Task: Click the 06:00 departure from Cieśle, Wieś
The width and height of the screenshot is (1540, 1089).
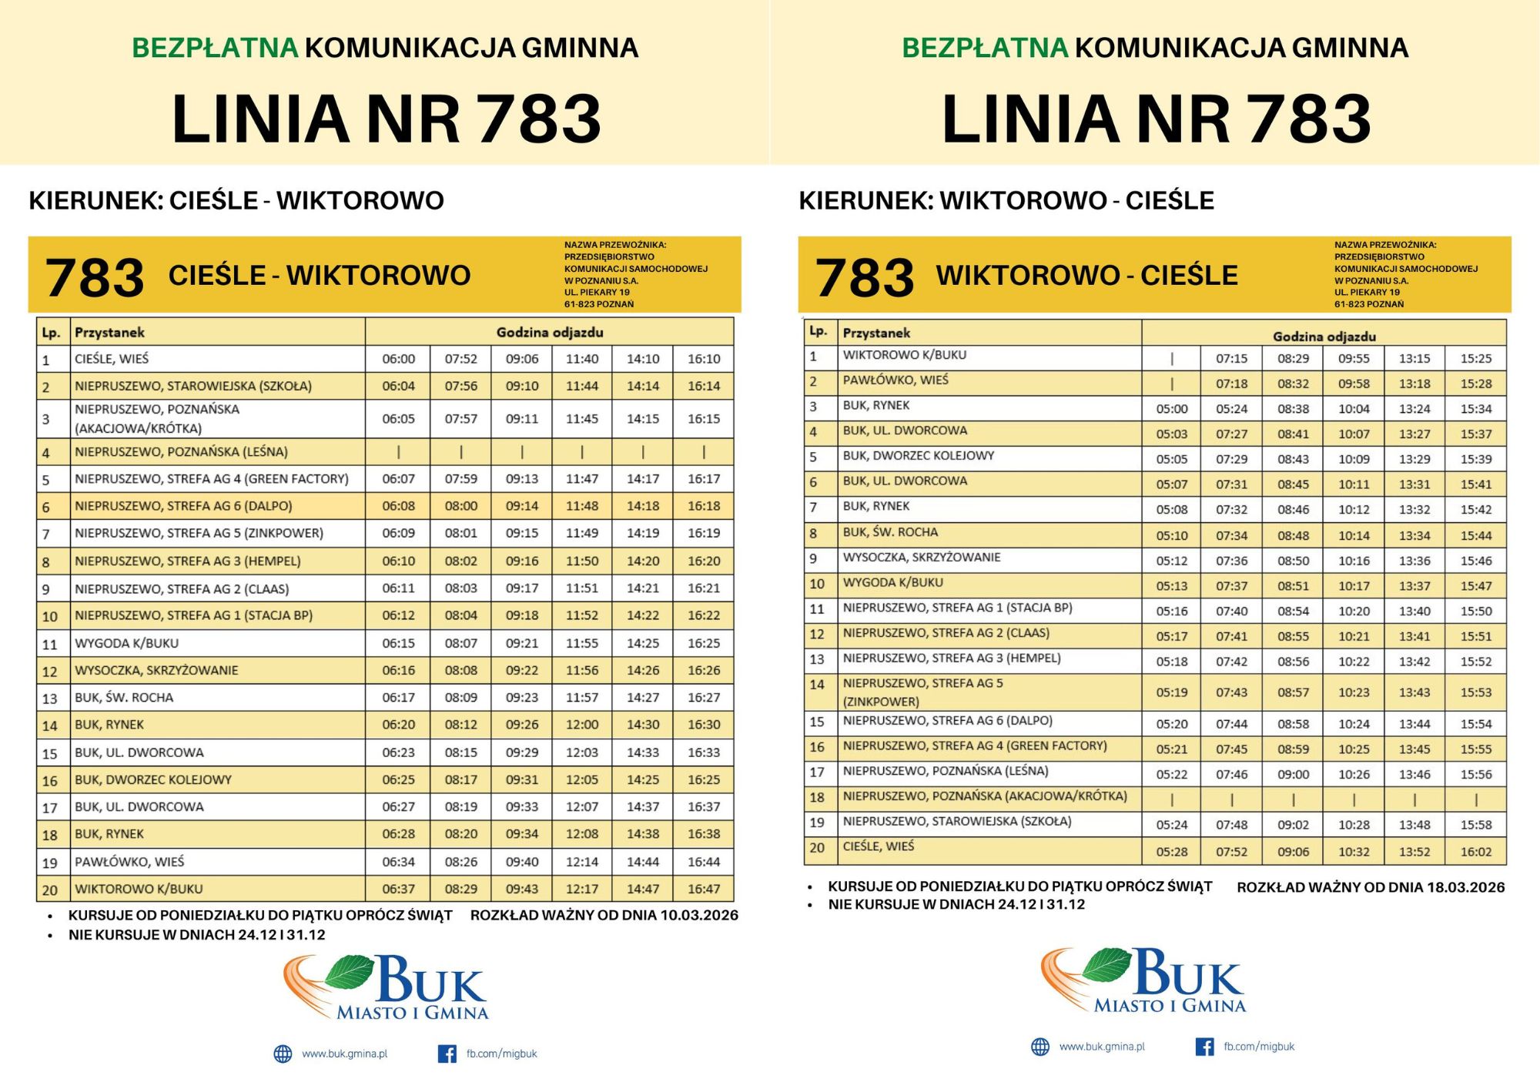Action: (398, 359)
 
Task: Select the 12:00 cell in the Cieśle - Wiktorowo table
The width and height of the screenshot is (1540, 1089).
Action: (581, 725)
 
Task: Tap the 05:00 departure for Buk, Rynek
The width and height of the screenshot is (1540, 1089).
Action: (1171, 409)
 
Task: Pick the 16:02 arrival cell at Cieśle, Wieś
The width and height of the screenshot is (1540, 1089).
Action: (1475, 852)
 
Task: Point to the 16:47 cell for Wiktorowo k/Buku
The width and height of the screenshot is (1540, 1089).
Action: (704, 889)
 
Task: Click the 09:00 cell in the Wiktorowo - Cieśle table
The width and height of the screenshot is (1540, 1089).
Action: (1293, 775)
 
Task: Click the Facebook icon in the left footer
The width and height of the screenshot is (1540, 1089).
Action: (447, 1054)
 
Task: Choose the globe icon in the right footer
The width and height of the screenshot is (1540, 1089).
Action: (1040, 1047)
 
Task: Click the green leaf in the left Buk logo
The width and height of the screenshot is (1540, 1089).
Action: (350, 972)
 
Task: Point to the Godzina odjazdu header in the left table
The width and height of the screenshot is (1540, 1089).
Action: (549, 333)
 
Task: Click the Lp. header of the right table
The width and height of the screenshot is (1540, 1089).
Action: (818, 331)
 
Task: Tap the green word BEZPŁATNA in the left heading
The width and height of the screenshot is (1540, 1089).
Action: (215, 48)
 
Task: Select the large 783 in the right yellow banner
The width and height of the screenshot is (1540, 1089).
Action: (864, 277)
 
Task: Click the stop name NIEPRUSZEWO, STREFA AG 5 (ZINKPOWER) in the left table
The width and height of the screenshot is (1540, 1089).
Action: (199, 533)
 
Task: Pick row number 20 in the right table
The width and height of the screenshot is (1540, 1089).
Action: (817, 848)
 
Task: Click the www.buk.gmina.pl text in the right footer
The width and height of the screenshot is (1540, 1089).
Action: (1102, 1047)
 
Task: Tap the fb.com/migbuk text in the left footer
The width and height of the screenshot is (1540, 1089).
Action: (501, 1054)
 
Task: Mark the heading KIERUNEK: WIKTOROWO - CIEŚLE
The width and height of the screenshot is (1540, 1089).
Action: (1006, 201)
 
